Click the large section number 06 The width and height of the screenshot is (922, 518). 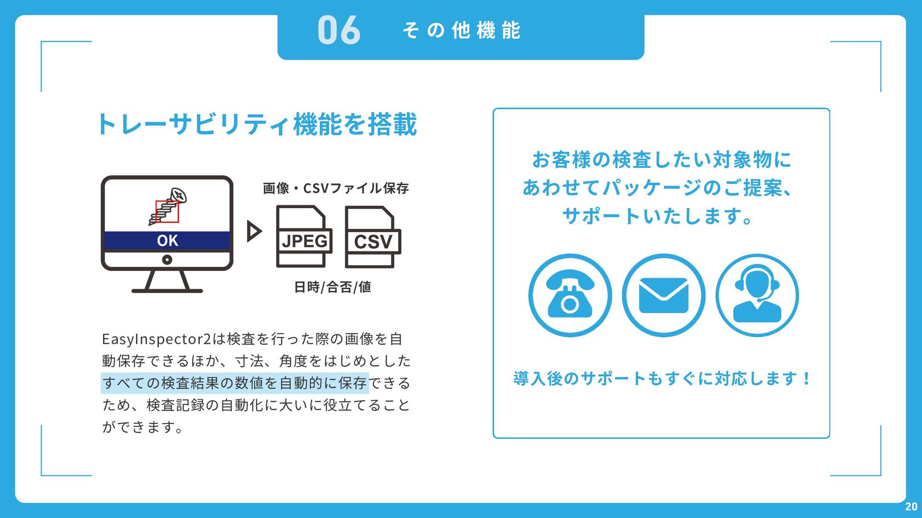tap(339, 30)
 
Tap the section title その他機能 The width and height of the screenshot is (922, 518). tap(461, 30)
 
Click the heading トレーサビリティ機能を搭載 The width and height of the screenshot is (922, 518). tap(257, 124)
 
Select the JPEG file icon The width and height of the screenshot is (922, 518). tap(304, 236)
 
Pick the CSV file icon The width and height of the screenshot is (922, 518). tap(373, 237)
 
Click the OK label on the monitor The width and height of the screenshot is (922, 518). tap(167, 241)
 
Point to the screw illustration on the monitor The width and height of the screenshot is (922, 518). tap(168, 206)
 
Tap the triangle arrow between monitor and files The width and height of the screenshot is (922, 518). tap(254, 231)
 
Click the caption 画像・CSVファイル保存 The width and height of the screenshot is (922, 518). tap(336, 188)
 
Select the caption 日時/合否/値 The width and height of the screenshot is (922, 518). tap(332, 287)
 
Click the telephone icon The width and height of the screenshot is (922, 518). tap(570, 295)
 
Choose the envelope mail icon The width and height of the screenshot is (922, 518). tap(664, 295)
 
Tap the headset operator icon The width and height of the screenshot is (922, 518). tap(757, 295)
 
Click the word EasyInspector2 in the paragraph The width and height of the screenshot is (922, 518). tap(157, 339)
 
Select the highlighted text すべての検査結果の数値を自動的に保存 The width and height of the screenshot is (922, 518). tap(235, 383)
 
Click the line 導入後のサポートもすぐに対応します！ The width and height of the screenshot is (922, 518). tap(662, 378)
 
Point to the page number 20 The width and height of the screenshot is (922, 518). tap(911, 506)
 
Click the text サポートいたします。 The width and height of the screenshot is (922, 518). tap(657, 216)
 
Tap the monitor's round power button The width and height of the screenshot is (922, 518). tap(167, 259)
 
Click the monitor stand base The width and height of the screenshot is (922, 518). tap(167, 291)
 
